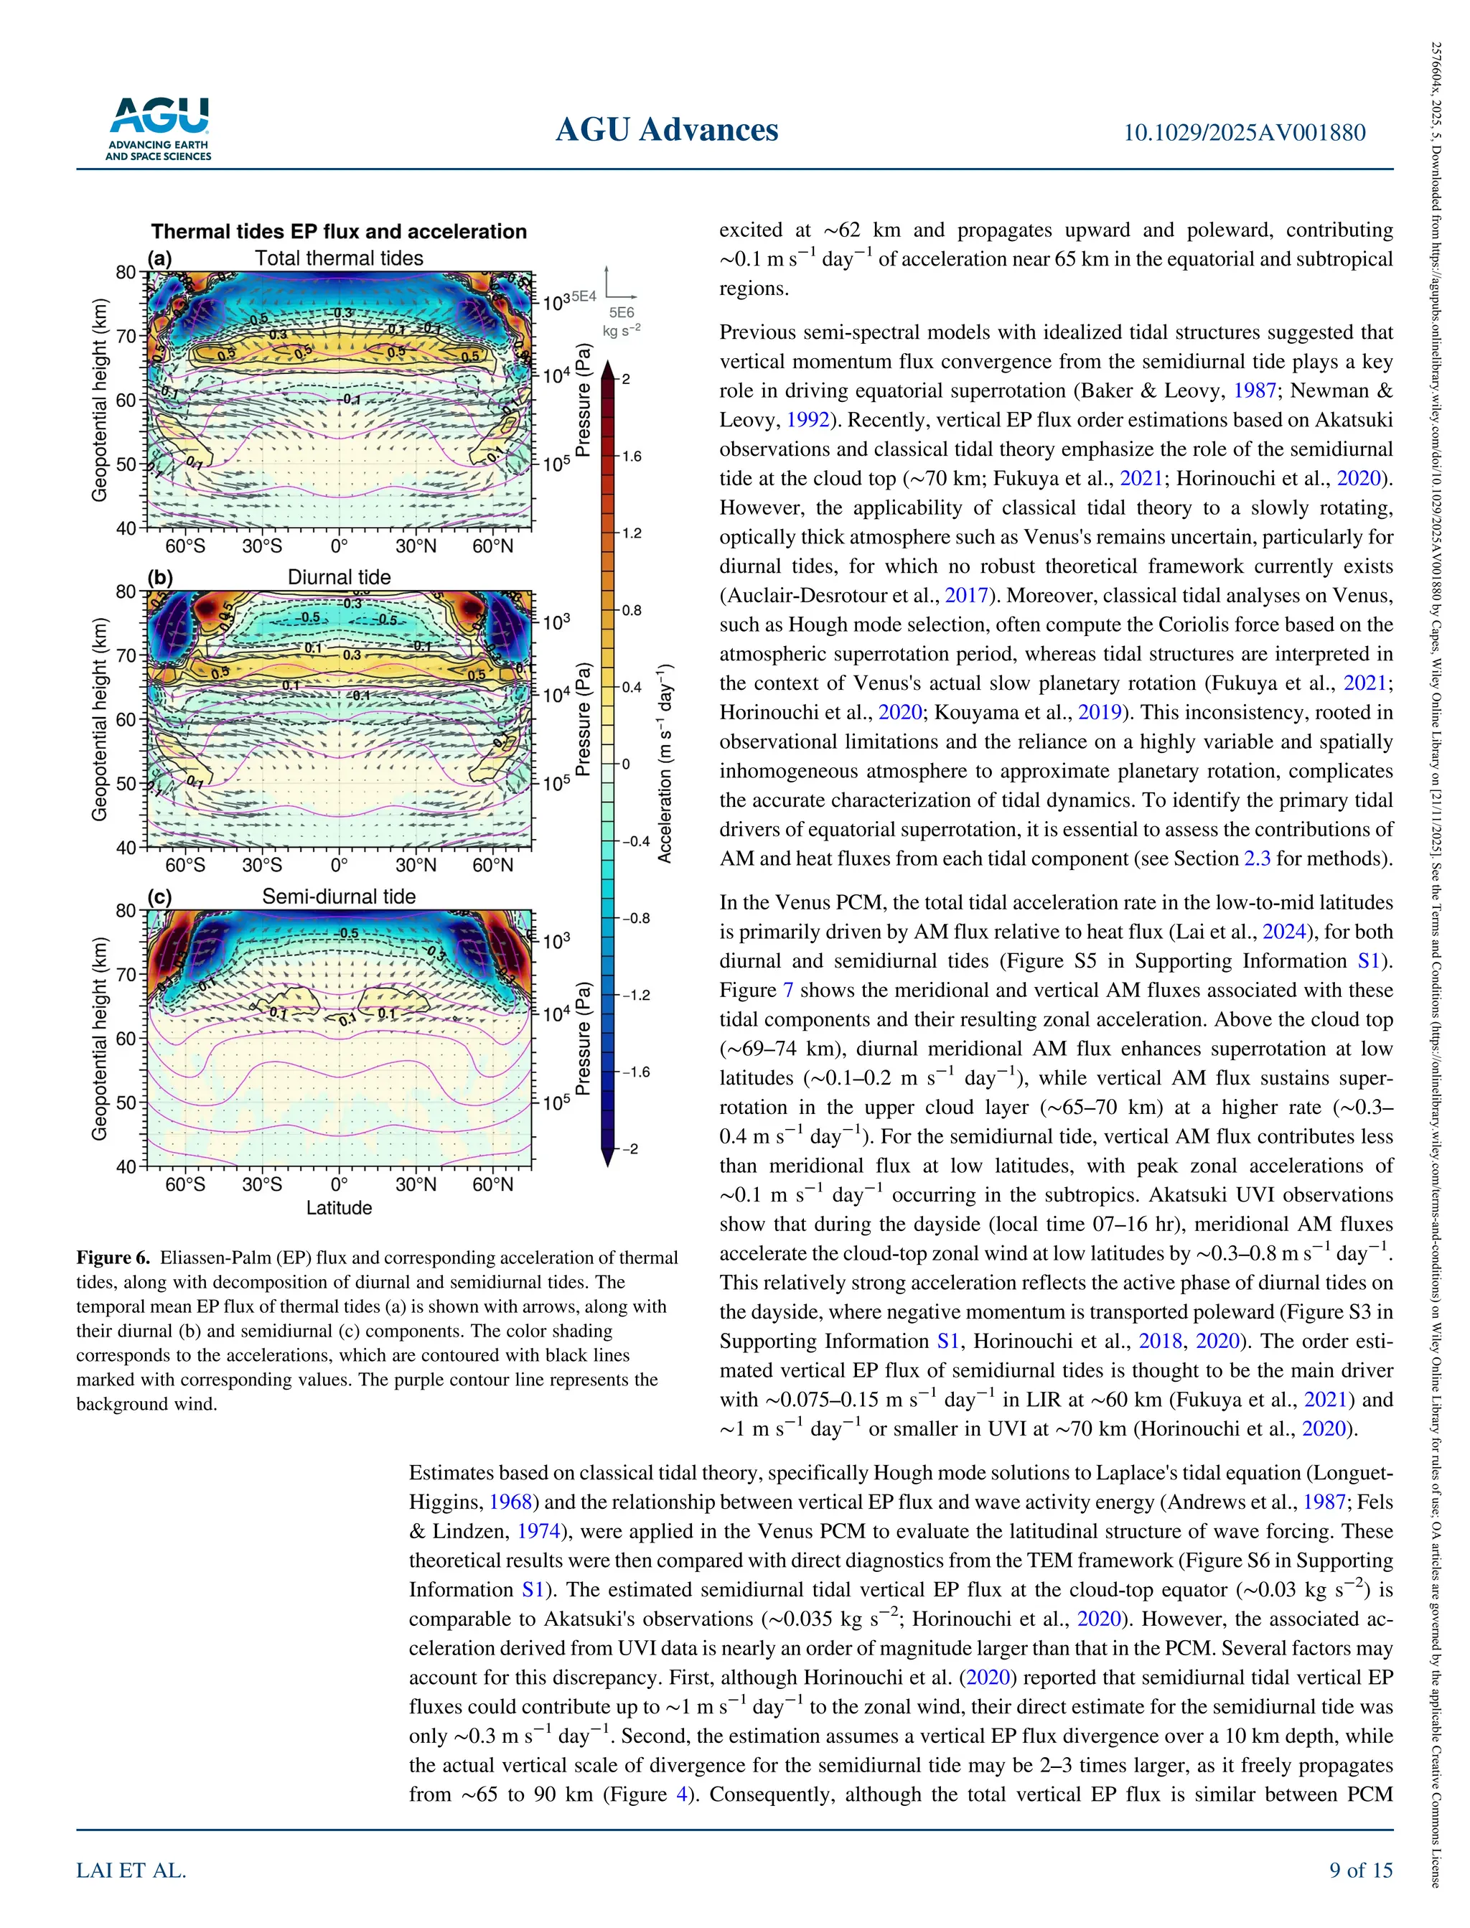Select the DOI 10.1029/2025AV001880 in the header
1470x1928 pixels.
click(1243, 132)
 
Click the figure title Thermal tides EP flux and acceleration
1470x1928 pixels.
click(339, 231)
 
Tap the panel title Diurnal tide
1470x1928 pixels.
click(339, 577)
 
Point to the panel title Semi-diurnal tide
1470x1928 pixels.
click(339, 897)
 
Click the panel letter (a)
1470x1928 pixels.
click(159, 258)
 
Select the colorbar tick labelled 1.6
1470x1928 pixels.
click(630, 457)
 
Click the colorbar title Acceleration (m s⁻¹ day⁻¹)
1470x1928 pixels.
click(665, 764)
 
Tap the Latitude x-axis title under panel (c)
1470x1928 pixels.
click(339, 1208)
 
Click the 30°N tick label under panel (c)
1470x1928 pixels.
click(416, 1184)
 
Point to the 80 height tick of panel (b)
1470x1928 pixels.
click(126, 591)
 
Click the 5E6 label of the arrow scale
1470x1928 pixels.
click(622, 312)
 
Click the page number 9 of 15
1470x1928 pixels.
click(1361, 1871)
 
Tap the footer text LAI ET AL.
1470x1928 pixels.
click(131, 1871)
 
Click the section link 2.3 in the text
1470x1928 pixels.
click(1257, 859)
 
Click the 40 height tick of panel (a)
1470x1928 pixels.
click(126, 528)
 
